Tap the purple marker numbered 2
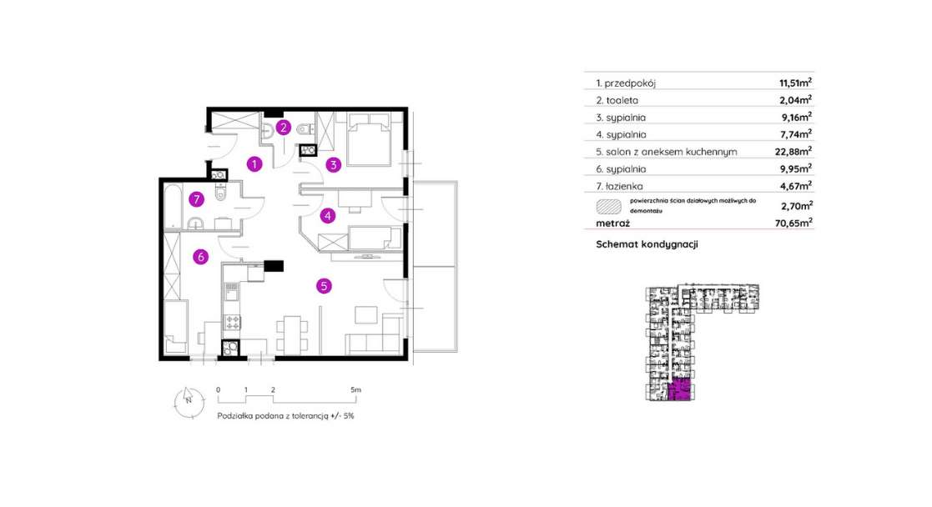[284, 128]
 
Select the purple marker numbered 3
[333, 164]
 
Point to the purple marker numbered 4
[329, 215]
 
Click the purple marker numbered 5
[325, 286]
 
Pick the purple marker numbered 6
[200, 257]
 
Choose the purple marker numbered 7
[195, 198]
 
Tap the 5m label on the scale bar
[355, 389]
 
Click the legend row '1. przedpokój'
[628, 83]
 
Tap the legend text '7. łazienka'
[622, 186]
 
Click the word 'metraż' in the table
[613, 223]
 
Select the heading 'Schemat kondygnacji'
[647, 244]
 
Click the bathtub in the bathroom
[174, 207]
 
